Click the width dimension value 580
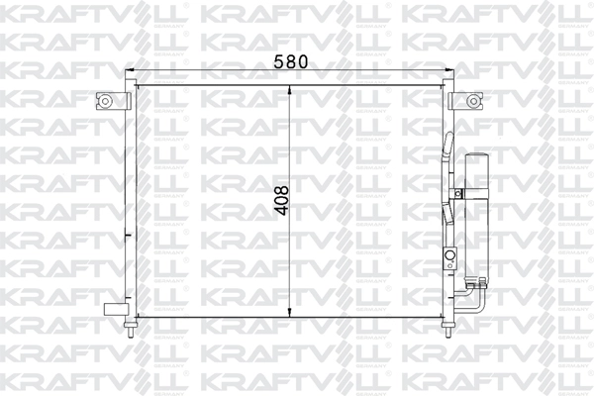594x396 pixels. click(291, 60)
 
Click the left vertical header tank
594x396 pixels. click(129, 198)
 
